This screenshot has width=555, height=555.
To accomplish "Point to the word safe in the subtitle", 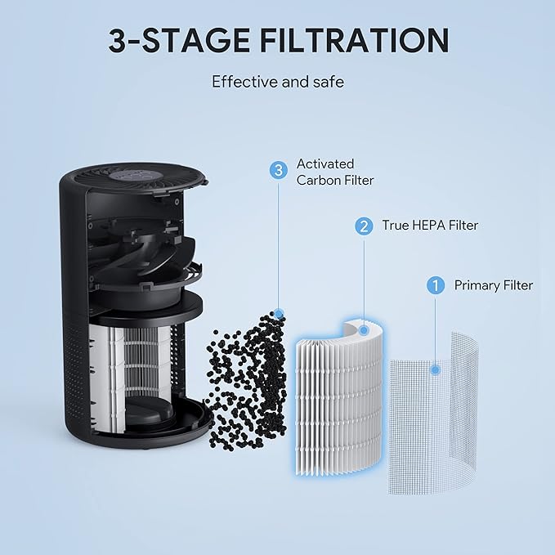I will pyautogui.click(x=327, y=82).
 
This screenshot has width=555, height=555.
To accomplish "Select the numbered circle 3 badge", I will pyautogui.click(x=280, y=170).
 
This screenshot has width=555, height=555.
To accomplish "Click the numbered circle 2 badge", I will pyautogui.click(x=362, y=226).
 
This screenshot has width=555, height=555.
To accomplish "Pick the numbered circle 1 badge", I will pyautogui.click(x=436, y=285).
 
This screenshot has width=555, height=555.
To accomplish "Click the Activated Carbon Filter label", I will pyautogui.click(x=335, y=172).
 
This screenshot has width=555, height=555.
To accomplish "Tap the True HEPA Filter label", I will pyautogui.click(x=430, y=226).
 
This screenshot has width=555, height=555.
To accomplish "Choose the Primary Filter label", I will pyautogui.click(x=494, y=285).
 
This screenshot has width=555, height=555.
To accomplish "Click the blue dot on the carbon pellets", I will pyautogui.click(x=280, y=313).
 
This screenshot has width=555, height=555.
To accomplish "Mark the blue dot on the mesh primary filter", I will pyautogui.click(x=436, y=369).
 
